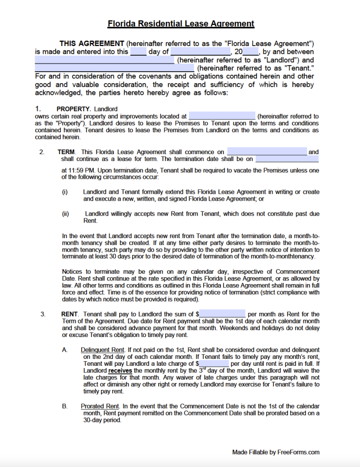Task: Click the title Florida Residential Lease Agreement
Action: point(181,24)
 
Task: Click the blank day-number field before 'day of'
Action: point(138,52)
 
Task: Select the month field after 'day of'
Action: point(200,52)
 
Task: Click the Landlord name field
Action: point(104,60)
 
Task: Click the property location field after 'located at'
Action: point(222,116)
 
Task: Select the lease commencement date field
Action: point(267,152)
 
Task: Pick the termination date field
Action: point(287,159)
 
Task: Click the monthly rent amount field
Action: point(223,314)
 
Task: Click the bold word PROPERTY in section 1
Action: point(73,109)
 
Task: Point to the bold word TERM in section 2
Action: point(67,152)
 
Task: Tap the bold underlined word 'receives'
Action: point(120,371)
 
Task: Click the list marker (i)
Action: point(65,192)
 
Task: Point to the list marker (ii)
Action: point(65,213)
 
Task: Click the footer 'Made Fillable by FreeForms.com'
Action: point(276,452)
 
